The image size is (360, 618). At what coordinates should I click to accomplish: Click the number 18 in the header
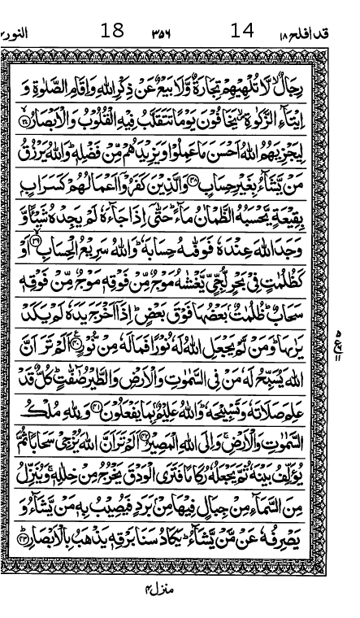[111, 32]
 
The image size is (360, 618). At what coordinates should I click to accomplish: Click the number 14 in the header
[242, 32]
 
